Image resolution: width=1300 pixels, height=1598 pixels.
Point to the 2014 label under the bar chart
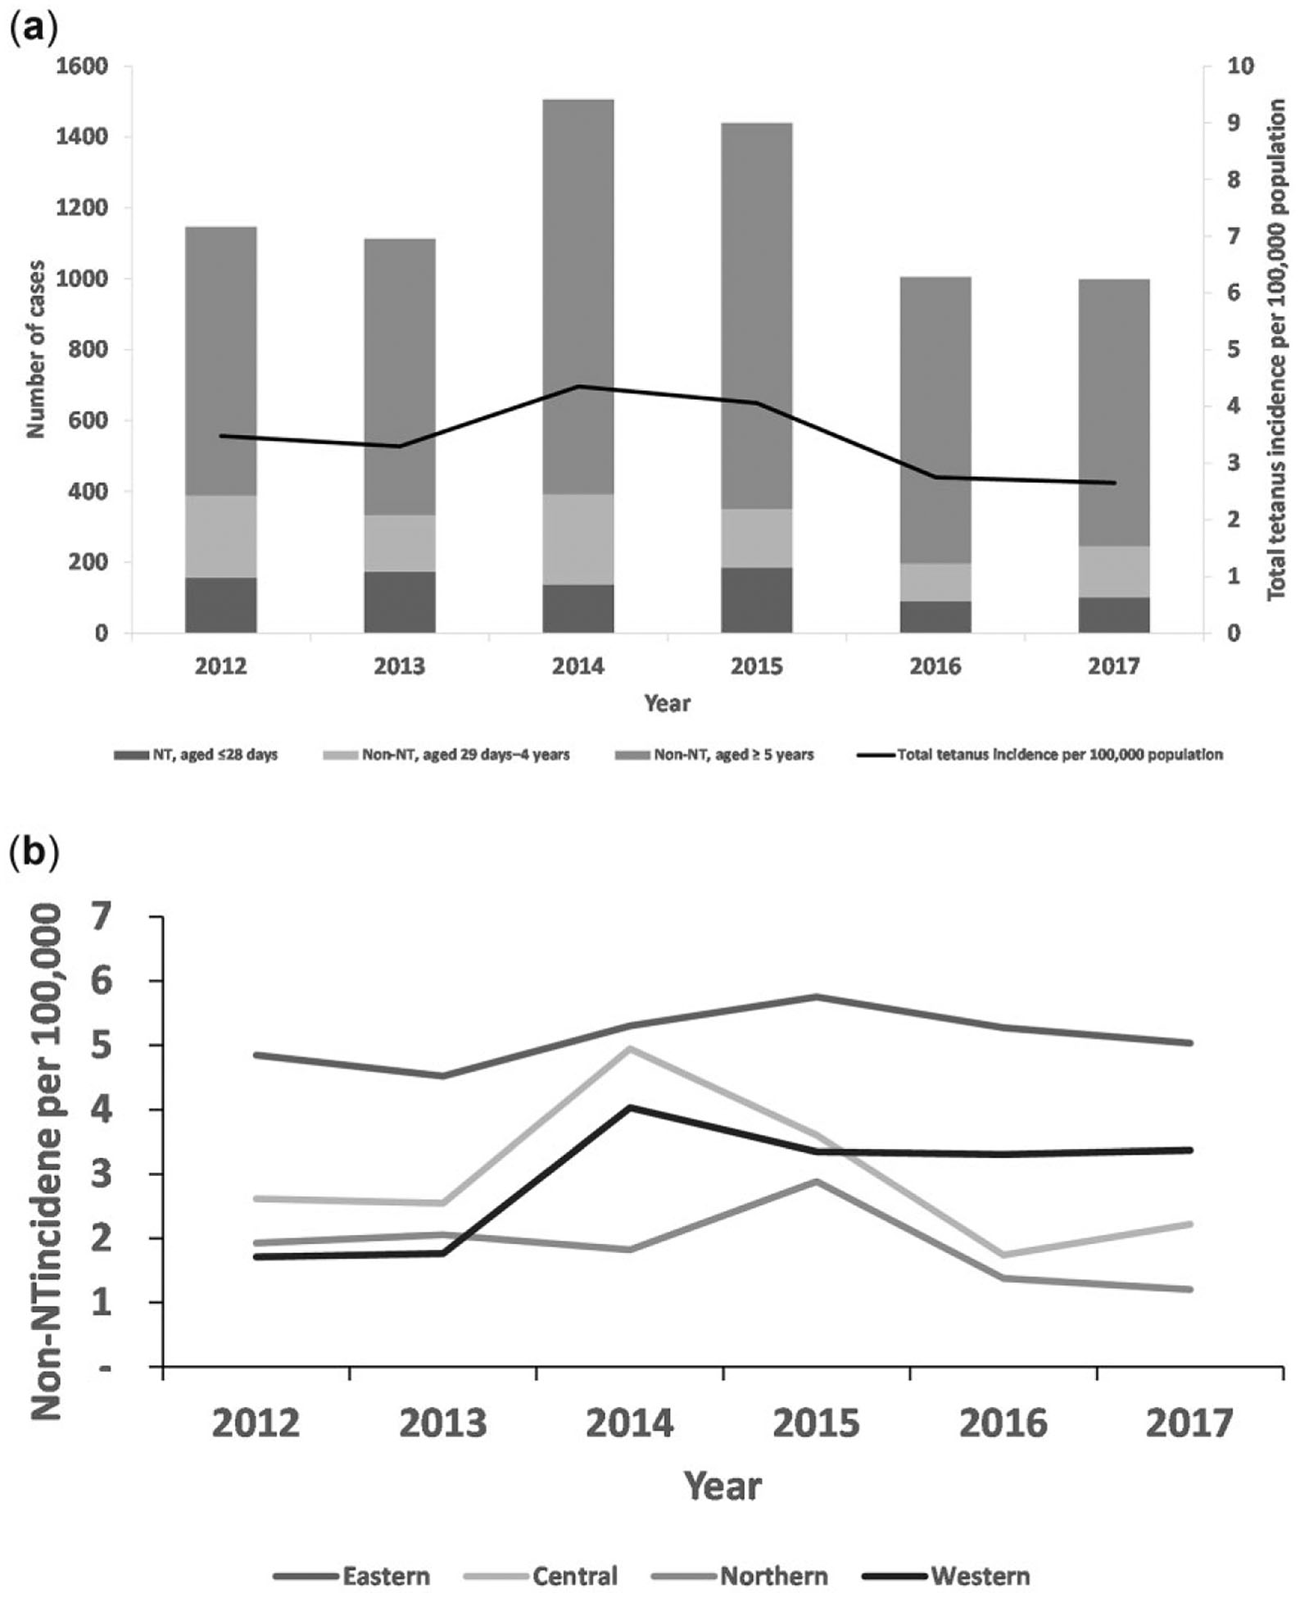click(x=578, y=666)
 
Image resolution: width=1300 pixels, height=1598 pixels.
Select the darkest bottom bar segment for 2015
click(x=756, y=600)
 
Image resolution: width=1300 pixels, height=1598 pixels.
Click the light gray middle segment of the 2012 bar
click(x=220, y=536)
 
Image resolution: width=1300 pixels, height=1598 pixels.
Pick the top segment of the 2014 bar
click(x=578, y=295)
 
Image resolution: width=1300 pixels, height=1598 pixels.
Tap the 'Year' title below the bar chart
click(x=667, y=703)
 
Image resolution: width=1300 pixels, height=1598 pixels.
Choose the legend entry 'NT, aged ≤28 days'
click(x=196, y=755)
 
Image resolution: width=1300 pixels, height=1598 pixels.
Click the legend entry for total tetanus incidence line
click(x=1040, y=755)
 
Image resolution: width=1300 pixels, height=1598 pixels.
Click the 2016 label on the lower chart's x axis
click(x=1003, y=1424)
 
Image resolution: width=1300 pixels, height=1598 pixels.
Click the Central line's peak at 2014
click(x=630, y=1048)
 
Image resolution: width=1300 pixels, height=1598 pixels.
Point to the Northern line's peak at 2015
click(x=816, y=1181)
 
